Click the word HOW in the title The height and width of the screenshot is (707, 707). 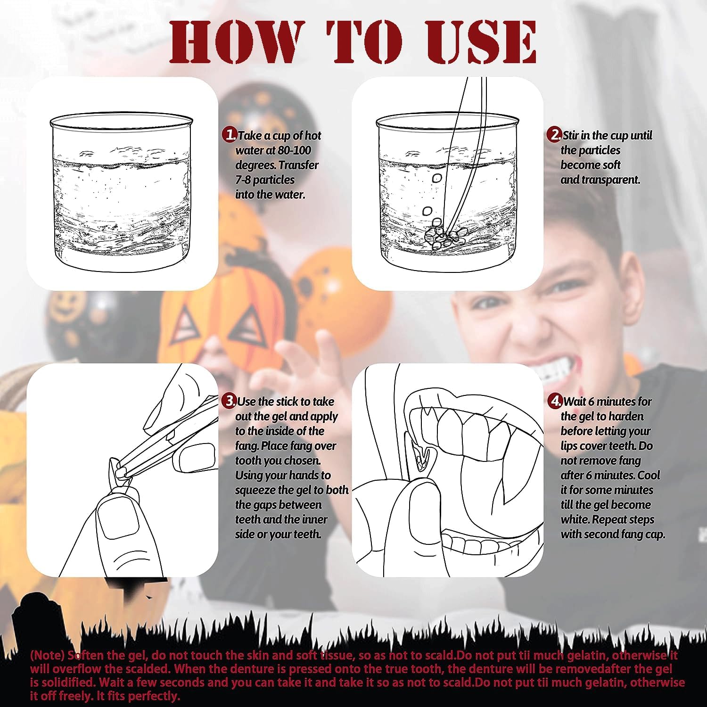[234, 41]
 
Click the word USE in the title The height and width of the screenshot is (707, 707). [480, 41]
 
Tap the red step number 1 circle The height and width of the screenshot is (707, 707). [230, 135]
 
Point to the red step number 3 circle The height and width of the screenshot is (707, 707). [230, 401]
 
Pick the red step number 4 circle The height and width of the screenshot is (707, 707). [555, 401]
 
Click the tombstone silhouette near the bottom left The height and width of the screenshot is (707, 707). [29, 617]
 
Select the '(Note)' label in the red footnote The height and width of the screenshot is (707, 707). [47, 655]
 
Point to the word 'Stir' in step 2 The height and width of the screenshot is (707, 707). [571, 136]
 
